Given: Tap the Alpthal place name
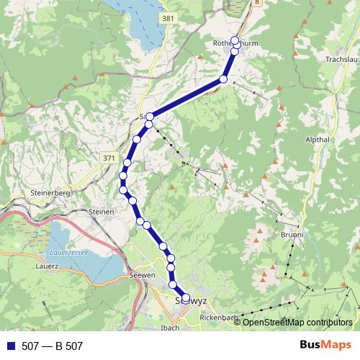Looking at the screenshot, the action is click(x=317, y=140).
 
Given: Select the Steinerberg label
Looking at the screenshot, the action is click(x=50, y=194).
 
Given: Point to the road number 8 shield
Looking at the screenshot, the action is click(x=257, y=3).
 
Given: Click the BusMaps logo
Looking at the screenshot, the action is click(x=325, y=346).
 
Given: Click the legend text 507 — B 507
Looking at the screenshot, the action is click(x=53, y=346).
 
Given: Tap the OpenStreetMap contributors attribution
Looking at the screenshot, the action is click(x=297, y=322).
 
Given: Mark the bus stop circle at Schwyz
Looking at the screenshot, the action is click(x=186, y=297).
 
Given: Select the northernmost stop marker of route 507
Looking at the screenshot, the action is click(x=235, y=40).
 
